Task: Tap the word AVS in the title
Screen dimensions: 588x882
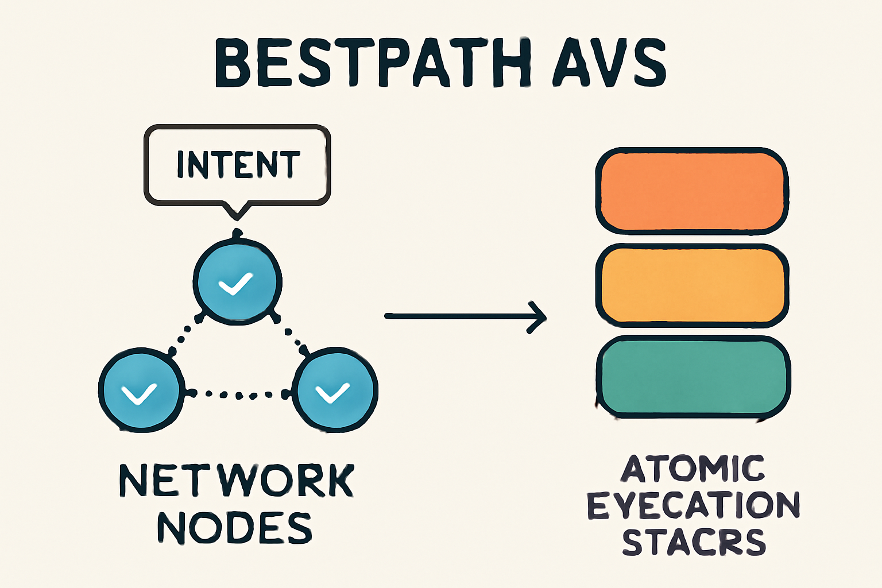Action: click(x=609, y=63)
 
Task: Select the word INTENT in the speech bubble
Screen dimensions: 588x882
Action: click(x=238, y=165)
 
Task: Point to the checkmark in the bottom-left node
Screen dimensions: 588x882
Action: click(x=139, y=394)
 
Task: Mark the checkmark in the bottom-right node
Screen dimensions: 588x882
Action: click(x=332, y=393)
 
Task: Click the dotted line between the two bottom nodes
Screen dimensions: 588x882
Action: click(x=238, y=394)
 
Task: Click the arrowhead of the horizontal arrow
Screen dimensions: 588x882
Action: click(x=537, y=316)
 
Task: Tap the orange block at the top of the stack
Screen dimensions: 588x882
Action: click(x=692, y=191)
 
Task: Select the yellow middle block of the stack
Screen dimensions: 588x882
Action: click(x=692, y=285)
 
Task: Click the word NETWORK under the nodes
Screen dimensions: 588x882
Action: click(x=236, y=481)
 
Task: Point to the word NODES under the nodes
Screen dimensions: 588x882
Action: click(x=234, y=528)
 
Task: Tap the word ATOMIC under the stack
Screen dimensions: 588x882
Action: click(x=693, y=469)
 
